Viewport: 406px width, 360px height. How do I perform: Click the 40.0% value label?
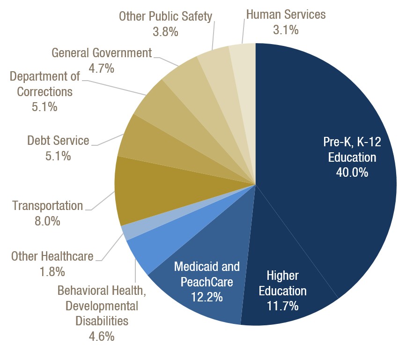click(352, 172)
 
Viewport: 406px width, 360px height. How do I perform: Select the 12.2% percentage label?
click(207, 297)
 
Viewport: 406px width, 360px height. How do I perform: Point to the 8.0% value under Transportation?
click(47, 221)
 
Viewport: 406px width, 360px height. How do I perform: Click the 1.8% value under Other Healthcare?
click(52, 271)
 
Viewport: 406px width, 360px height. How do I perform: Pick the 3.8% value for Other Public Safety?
click(165, 32)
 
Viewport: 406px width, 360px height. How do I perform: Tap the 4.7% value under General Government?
click(102, 68)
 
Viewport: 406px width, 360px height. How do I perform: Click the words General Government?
click(102, 52)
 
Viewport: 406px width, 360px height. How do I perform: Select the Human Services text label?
click(285, 15)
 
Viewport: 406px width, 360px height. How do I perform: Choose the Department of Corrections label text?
click(45, 83)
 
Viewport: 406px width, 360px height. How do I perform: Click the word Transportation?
click(47, 205)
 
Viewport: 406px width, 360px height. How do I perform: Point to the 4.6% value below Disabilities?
click(102, 336)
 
